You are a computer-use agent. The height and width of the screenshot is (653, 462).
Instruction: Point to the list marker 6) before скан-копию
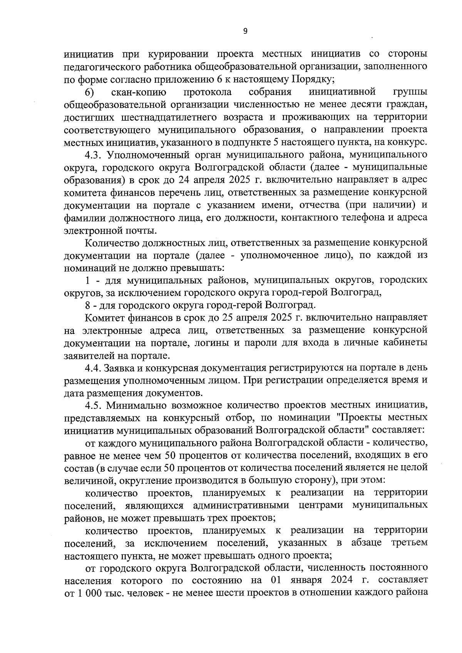point(89,93)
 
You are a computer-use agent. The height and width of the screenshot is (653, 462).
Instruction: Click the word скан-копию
point(139,93)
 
